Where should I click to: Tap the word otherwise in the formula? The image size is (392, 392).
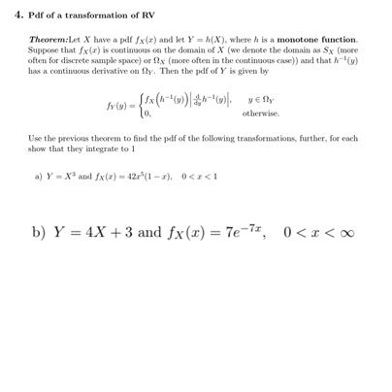pos(261,113)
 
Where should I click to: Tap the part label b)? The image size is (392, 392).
pos(39,233)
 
